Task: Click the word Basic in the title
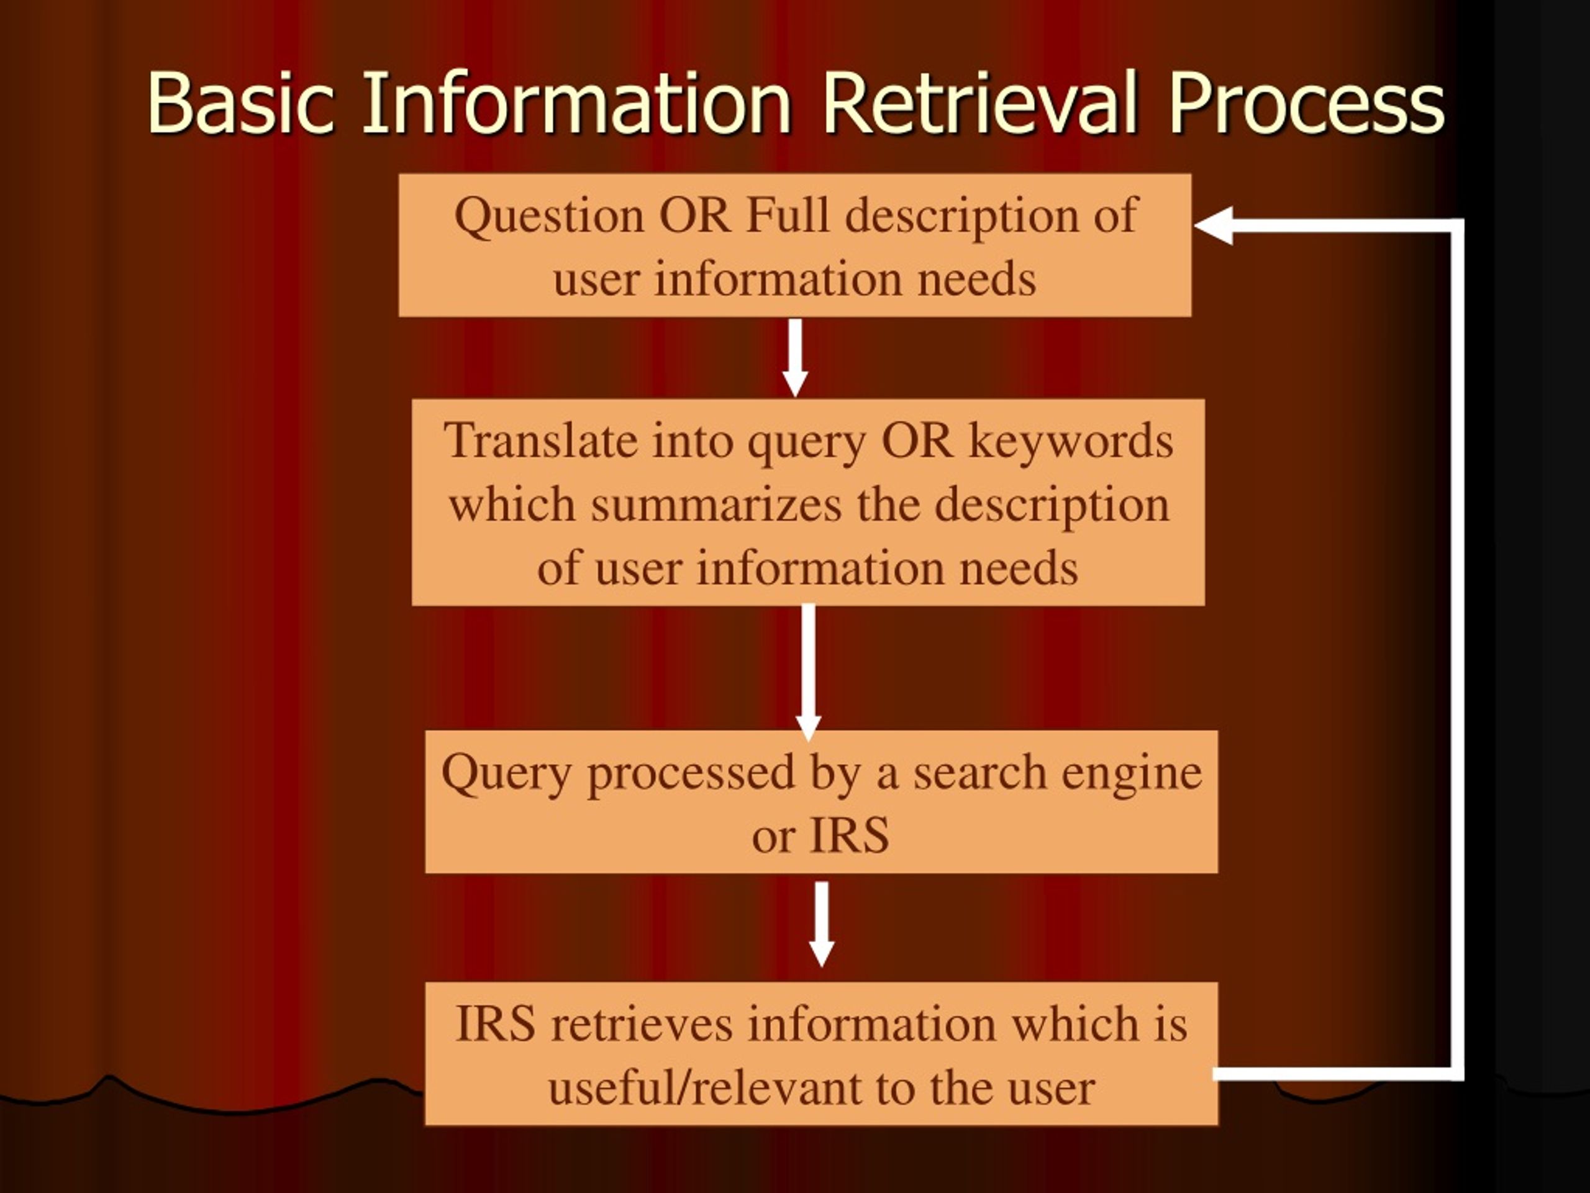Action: [241, 103]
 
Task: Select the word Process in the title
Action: [1306, 103]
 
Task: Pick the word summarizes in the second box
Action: [716, 504]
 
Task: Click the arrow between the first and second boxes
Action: [794, 357]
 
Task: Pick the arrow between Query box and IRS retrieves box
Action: [822, 924]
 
